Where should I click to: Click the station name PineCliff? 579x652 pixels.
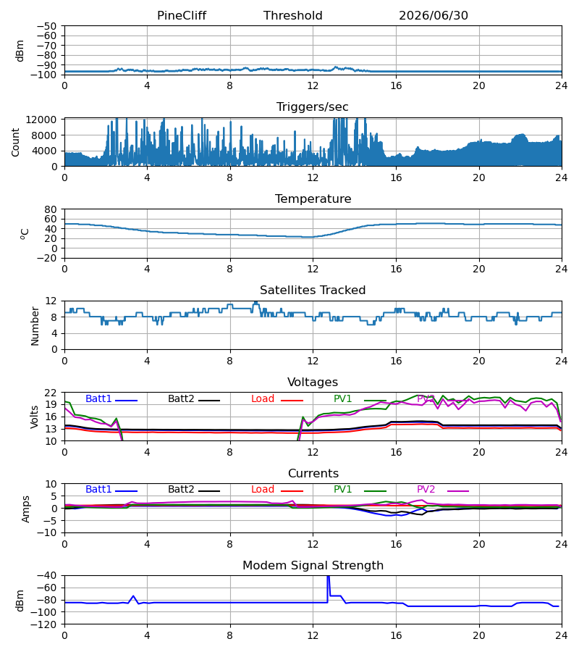[x=182, y=16]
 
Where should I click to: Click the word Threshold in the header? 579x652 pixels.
[x=293, y=16]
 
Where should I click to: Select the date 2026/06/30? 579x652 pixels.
[x=434, y=16]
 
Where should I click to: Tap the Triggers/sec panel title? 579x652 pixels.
[x=313, y=107]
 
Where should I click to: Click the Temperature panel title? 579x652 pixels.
[x=313, y=198]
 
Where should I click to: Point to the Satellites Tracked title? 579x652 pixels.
[x=313, y=291]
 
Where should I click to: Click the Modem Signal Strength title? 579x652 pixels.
[x=313, y=566]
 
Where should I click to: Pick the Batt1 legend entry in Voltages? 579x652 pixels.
[x=111, y=398]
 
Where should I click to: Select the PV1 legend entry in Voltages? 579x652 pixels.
[x=360, y=398]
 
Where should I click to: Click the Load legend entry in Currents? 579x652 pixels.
[x=277, y=490]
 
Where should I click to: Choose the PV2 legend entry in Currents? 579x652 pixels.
[x=443, y=490]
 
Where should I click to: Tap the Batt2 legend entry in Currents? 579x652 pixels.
[x=194, y=490]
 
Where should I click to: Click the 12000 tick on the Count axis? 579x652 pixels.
[x=41, y=120]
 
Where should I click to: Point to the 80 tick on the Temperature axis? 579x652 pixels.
[x=51, y=209]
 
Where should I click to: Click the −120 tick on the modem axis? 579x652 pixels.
[x=46, y=624]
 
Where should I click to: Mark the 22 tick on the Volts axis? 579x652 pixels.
[x=51, y=393]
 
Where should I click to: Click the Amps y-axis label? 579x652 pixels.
[x=26, y=509]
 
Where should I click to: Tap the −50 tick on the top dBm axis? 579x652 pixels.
[x=46, y=26]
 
